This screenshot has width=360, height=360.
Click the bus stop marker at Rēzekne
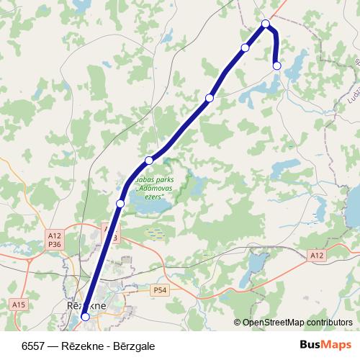pos(85,316)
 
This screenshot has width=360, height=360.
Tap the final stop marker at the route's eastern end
pos(276,66)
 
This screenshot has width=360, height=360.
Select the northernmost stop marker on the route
pos(266,24)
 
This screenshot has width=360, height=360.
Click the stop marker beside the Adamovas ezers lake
pos(120,204)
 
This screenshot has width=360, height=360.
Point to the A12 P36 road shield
pos(54,239)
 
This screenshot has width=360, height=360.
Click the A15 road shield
pos(19,305)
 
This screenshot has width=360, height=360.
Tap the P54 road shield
pos(160,289)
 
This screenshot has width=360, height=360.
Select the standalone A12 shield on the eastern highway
pos(318,256)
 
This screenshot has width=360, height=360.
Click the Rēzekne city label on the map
pos(86,305)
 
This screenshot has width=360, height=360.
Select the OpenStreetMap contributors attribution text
pos(297,323)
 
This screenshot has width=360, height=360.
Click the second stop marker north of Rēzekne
pos(148,160)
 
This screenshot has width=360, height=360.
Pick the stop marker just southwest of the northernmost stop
pos(245,48)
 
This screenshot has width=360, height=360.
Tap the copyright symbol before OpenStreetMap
pos(238,323)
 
